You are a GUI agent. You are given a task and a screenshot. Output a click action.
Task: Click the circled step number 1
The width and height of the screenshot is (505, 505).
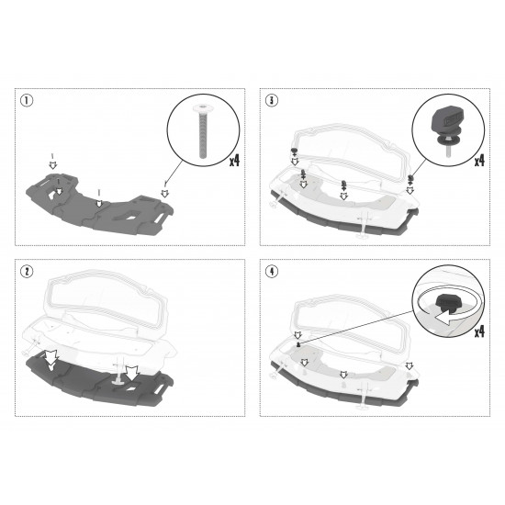(x=27, y=100)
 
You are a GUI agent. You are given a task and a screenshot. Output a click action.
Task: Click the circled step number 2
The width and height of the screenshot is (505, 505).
(x=27, y=271)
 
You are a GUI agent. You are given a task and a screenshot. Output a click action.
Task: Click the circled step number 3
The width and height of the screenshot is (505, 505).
(x=272, y=100)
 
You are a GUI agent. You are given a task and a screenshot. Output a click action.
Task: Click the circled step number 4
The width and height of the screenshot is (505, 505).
(x=272, y=271)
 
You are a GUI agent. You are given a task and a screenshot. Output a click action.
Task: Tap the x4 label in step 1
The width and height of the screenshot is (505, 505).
(x=235, y=161)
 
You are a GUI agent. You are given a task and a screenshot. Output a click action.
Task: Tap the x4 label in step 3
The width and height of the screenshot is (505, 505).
(x=479, y=161)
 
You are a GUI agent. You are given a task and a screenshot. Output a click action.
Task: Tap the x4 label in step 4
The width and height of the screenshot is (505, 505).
(x=479, y=331)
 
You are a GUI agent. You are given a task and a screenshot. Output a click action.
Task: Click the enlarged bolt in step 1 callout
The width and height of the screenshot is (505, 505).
(x=203, y=131)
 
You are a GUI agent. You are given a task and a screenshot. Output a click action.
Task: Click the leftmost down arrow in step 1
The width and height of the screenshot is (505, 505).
(x=52, y=165)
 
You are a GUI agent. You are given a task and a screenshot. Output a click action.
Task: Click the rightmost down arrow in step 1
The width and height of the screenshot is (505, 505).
(x=165, y=193)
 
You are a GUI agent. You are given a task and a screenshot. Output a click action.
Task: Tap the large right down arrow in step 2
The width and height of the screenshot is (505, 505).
(x=131, y=374)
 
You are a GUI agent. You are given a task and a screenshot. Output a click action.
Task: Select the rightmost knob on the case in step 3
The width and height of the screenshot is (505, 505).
(x=410, y=178)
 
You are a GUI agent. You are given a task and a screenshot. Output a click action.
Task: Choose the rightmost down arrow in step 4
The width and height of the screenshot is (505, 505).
(x=409, y=365)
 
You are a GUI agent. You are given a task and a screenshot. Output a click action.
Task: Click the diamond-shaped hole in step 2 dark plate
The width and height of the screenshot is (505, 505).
(x=131, y=389)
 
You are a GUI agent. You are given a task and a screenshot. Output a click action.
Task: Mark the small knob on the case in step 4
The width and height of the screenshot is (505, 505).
(x=298, y=344)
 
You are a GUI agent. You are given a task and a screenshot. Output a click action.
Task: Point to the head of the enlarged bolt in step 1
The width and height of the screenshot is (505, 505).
(x=203, y=107)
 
